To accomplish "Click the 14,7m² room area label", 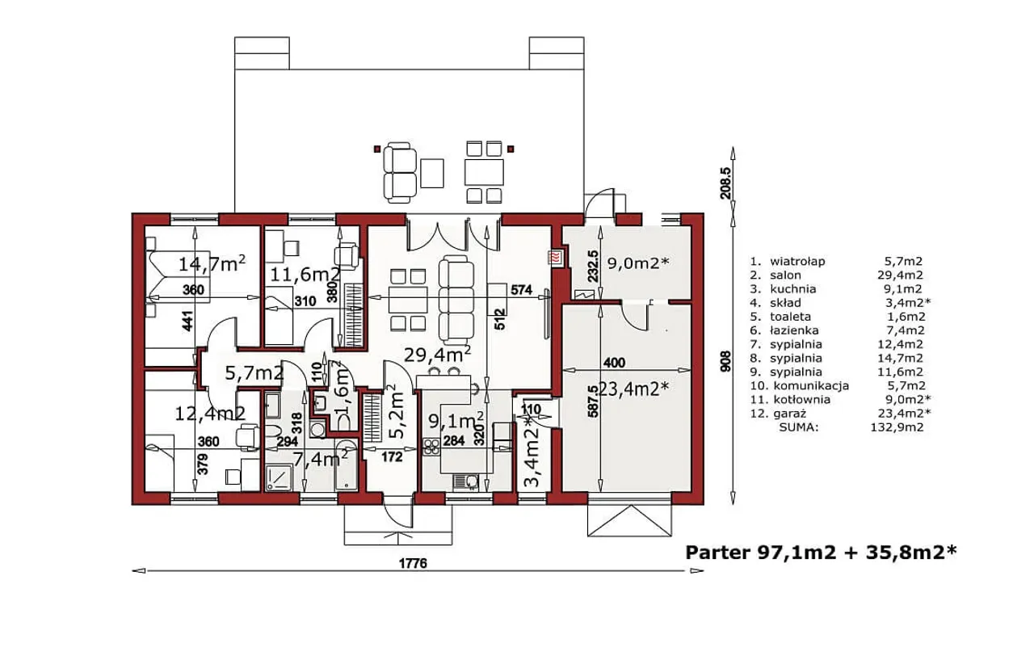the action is (x=212, y=263).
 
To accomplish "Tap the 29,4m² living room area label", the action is (x=438, y=354).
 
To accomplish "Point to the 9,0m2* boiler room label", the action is (x=637, y=263).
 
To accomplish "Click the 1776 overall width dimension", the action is (x=413, y=563).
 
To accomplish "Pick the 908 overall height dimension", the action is (x=725, y=361).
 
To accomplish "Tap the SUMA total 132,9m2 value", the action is (x=897, y=427).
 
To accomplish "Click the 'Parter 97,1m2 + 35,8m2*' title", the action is (x=821, y=553).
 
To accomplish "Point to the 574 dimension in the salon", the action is (x=521, y=290).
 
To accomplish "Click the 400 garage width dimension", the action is (x=615, y=363).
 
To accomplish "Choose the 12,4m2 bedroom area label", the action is (x=210, y=414).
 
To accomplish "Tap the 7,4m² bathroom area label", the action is (x=321, y=459).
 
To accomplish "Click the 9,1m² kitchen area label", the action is (x=456, y=420).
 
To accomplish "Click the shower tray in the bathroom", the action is (x=280, y=477).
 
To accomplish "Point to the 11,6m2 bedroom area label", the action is (x=305, y=275).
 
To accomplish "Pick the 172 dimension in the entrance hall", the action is (x=392, y=457).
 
